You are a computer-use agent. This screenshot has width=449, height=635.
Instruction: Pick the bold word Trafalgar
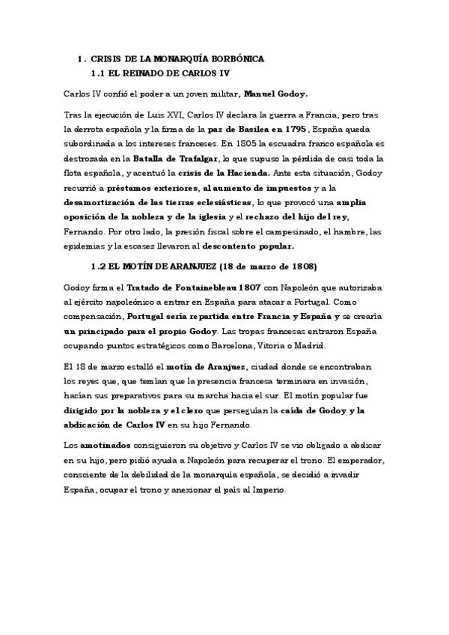(x=194, y=159)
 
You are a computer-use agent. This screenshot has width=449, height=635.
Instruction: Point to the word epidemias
(x=86, y=246)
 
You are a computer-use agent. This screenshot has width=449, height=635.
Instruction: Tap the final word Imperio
(x=277, y=488)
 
